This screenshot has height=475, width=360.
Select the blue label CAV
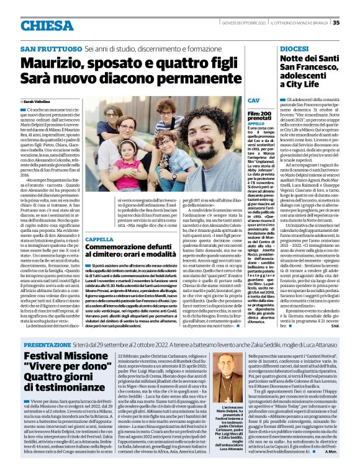tap(253, 100)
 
